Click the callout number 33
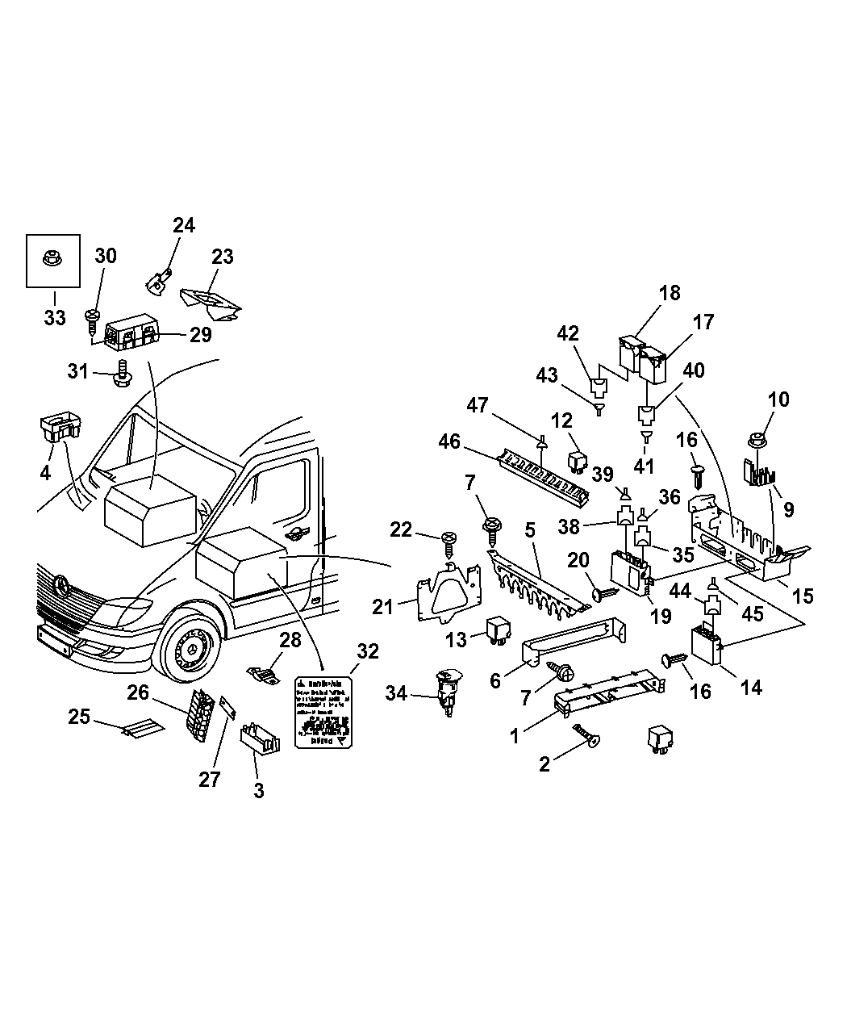54,317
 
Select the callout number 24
184,225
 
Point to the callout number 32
368,652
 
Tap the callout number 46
449,441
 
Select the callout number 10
778,399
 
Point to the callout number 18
669,293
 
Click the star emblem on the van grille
62,584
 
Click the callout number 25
79,716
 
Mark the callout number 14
751,687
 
